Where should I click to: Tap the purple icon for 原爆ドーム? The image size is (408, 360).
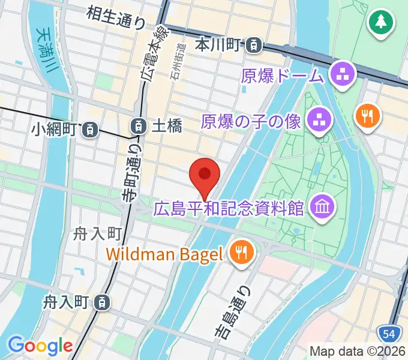(x=343, y=75)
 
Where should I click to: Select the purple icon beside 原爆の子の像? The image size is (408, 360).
(x=319, y=121)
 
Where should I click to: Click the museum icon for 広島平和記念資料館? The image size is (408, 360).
(x=323, y=208)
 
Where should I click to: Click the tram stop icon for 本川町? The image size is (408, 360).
(x=255, y=44)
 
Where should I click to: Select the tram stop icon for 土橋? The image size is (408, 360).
(x=138, y=126)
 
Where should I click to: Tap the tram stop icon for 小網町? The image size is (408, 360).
(x=90, y=128)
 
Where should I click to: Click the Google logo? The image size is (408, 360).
(x=40, y=346)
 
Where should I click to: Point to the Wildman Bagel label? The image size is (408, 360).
(x=166, y=254)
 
